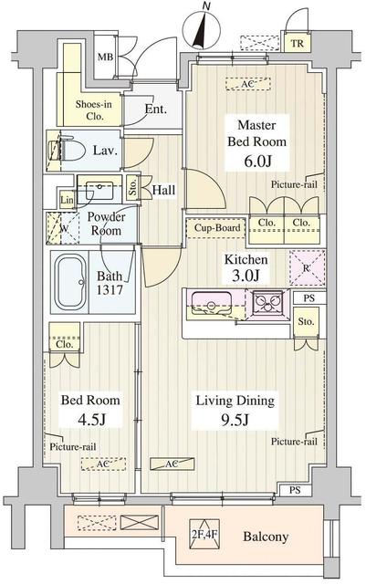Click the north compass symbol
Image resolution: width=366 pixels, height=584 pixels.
(202, 30)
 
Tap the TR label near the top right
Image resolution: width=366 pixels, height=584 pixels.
(298, 44)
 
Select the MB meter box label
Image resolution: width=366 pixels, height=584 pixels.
(105, 57)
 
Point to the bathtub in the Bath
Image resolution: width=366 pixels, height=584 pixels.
(70, 282)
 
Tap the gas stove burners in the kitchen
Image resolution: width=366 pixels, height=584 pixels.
(267, 302)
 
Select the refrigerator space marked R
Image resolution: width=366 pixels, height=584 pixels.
(307, 268)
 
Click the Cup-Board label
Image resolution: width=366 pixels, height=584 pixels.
(217, 227)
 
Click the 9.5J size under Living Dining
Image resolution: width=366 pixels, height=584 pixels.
(235, 420)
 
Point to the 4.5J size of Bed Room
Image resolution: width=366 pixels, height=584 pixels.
(91, 420)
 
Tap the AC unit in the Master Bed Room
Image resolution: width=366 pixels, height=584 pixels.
(248, 84)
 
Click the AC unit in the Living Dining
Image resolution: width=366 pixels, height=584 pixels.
(173, 464)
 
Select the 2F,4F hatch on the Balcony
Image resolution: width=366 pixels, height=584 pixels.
(204, 535)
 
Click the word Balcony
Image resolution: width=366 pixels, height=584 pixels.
(266, 537)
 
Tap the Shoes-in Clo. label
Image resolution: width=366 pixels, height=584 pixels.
(93, 110)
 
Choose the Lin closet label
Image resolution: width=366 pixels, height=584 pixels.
(68, 201)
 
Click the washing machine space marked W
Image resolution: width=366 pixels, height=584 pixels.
(63, 228)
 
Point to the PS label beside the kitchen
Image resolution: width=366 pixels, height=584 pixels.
(309, 298)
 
